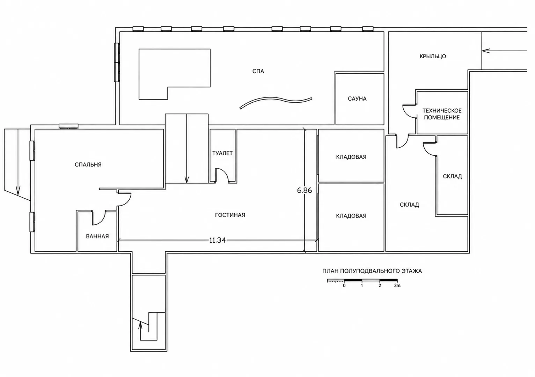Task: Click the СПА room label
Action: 258,71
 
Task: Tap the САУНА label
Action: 357,98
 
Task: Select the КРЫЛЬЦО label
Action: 433,56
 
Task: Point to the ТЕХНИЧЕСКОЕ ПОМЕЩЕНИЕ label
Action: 442,114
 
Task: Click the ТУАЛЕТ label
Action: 222,153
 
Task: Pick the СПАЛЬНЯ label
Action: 88,164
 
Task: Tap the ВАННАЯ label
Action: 97,236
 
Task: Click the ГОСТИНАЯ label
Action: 230,215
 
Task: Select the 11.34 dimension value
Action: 217,240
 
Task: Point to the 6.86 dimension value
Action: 305,190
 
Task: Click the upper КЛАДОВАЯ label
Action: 351,157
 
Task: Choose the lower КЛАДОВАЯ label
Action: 351,216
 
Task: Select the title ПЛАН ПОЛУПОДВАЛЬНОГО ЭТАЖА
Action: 372,271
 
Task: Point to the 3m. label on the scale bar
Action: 398,286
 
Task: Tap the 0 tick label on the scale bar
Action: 344,286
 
